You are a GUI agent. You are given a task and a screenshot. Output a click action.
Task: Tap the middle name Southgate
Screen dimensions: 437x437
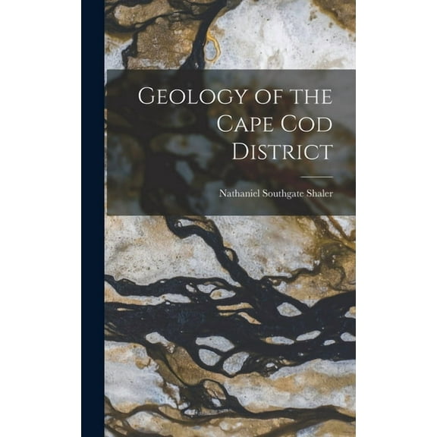tap(280, 193)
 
